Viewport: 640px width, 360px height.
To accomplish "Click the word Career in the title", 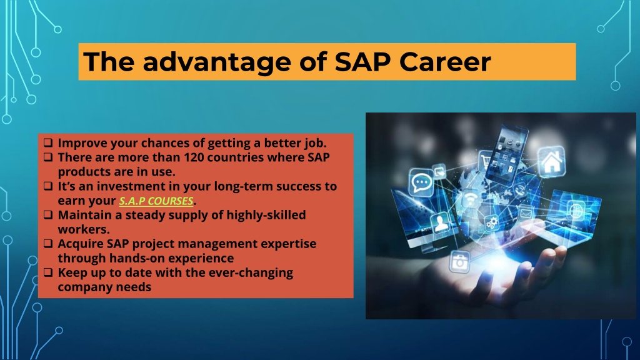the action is (444, 62).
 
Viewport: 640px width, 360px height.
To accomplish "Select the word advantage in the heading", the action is (217, 62).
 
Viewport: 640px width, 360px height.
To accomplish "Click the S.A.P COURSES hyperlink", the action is (156, 201).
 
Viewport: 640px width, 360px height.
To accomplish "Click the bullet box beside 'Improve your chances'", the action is (48, 142).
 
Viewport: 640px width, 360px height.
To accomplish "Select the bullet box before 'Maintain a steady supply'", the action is (48, 215).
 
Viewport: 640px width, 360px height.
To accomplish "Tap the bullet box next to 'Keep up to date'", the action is (48, 272).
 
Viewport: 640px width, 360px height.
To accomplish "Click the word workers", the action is (84, 229).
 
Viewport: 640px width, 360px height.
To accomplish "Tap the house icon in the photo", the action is (551, 161).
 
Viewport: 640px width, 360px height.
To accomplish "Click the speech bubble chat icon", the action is (421, 182).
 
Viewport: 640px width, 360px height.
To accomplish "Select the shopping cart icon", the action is (486, 161).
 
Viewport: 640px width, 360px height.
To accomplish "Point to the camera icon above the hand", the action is (460, 262).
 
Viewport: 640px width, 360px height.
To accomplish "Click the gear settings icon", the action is (491, 223).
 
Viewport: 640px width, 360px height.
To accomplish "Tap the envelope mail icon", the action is (526, 212).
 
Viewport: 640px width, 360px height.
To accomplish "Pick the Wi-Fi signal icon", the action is (471, 199).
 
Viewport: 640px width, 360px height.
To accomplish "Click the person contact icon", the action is (440, 223).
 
